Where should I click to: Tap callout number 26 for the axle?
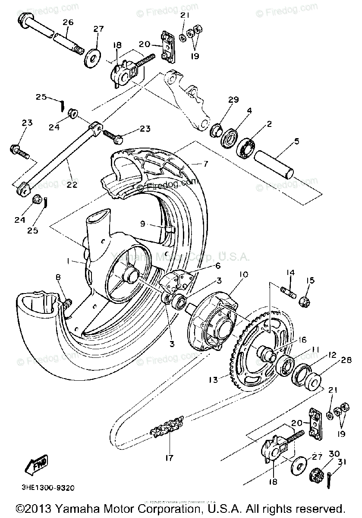[x=68, y=22]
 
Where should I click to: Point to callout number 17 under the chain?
[x=170, y=458]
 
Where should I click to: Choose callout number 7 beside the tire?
[x=206, y=164]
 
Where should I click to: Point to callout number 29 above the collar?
[x=234, y=100]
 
